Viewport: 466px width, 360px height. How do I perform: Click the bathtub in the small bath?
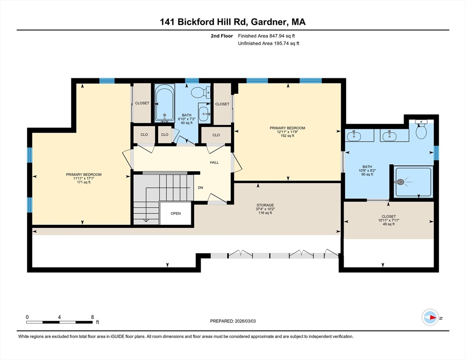click(165, 103)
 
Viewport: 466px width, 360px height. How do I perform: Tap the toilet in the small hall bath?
click(201, 92)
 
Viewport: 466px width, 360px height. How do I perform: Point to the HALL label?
click(214, 162)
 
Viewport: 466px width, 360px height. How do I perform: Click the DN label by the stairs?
click(201, 187)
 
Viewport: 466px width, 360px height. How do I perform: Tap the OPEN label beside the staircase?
click(176, 213)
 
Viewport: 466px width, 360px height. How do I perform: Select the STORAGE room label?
click(265, 205)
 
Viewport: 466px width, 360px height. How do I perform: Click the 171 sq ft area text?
click(84, 182)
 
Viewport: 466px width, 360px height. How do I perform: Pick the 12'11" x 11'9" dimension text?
click(287, 132)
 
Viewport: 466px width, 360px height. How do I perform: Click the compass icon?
click(430, 317)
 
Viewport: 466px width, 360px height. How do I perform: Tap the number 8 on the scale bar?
click(92, 317)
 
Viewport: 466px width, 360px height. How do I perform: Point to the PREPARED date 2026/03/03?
click(245, 321)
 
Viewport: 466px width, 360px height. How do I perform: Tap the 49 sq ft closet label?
click(389, 224)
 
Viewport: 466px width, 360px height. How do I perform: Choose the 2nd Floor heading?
click(222, 36)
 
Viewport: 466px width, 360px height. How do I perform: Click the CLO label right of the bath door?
click(216, 135)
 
